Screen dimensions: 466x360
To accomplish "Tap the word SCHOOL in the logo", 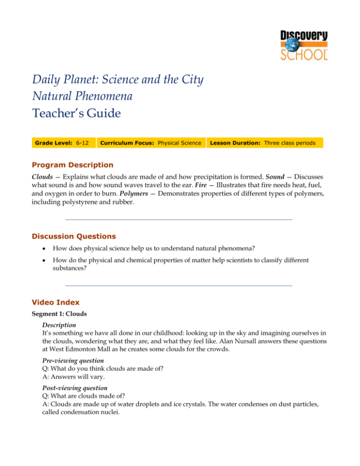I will pos(305,53).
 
